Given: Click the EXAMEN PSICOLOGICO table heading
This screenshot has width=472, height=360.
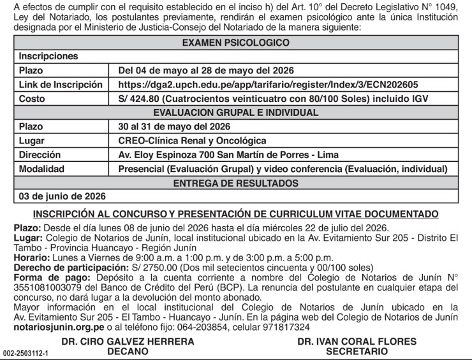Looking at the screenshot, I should (235, 43).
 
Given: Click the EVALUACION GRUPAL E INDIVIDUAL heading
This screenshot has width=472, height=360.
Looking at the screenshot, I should (235, 113).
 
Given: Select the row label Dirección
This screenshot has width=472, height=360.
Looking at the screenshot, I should (40, 155).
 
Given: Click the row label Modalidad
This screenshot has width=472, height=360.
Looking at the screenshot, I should (41, 169).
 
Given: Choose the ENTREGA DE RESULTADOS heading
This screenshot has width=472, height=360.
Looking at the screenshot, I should (235, 183).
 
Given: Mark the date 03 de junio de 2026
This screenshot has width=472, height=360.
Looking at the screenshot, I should (63, 196).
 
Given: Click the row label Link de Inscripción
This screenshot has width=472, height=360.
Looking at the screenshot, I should (61, 85).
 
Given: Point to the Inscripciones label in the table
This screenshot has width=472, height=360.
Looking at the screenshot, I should (48, 57).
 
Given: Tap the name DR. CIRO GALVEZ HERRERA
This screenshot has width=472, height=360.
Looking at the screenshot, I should (128, 342).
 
